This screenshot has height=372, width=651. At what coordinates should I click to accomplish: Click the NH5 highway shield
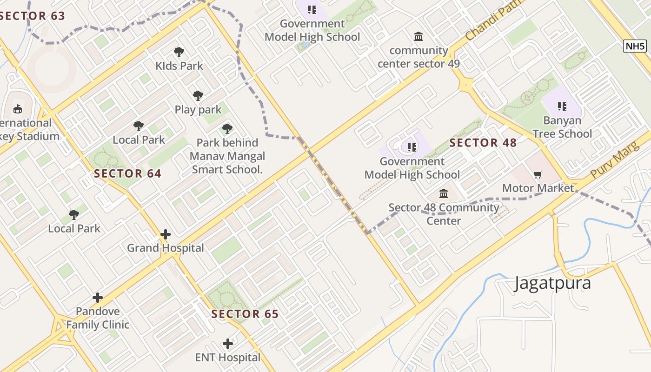[x=635, y=46]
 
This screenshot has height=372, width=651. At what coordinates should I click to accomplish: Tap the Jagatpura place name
[x=552, y=283]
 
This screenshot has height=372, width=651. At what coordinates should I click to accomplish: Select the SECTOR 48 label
[x=483, y=143]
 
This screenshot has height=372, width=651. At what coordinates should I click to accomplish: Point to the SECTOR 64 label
[x=127, y=174]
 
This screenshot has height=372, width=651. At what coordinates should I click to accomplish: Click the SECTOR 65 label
[x=245, y=314]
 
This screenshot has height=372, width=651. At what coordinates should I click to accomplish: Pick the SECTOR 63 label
[x=32, y=16]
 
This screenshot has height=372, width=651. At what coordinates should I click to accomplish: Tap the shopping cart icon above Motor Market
[x=538, y=175]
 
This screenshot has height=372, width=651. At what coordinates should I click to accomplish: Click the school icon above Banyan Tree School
[x=562, y=106]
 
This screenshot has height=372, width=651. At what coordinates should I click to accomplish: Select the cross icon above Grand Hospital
[x=166, y=234]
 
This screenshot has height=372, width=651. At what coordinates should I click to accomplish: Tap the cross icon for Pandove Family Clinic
[x=98, y=298]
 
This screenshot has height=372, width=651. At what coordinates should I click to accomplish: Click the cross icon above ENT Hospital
[x=228, y=344]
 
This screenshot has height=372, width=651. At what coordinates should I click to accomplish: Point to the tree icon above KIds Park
[x=179, y=52]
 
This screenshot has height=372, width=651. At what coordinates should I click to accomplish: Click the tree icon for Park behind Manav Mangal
[x=227, y=129]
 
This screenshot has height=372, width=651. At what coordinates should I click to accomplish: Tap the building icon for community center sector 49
[x=418, y=36]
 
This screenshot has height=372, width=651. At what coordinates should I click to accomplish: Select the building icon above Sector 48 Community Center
[x=444, y=193]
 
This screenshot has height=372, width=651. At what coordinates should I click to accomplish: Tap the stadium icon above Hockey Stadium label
[x=18, y=109]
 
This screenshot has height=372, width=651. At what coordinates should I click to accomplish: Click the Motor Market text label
[x=538, y=188]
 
